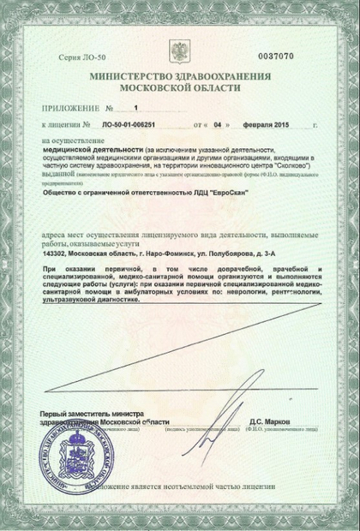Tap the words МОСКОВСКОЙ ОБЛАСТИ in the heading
(179, 88)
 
